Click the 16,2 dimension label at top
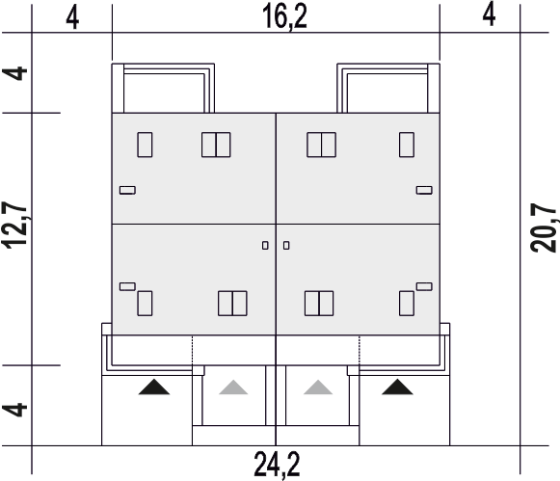click(x=284, y=16)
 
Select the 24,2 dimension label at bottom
click(x=277, y=465)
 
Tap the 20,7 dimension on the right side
click(x=544, y=227)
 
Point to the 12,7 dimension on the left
click(x=14, y=225)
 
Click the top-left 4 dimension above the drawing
click(x=72, y=18)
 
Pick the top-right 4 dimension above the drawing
click(x=489, y=14)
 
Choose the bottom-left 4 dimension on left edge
click(x=14, y=410)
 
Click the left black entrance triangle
click(x=154, y=387)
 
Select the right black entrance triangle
click(x=397, y=387)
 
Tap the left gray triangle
click(x=233, y=387)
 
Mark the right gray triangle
click(x=318, y=387)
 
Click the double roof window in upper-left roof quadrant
click(x=216, y=145)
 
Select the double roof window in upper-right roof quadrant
click(x=321, y=145)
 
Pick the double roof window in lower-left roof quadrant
click(x=232, y=304)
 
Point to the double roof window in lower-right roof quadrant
click(x=319, y=304)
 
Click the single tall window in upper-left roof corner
click(x=145, y=145)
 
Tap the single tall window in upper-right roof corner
click(x=407, y=145)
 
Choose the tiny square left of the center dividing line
click(x=265, y=246)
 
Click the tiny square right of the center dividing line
click(x=286, y=246)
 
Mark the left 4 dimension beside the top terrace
click(x=14, y=73)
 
